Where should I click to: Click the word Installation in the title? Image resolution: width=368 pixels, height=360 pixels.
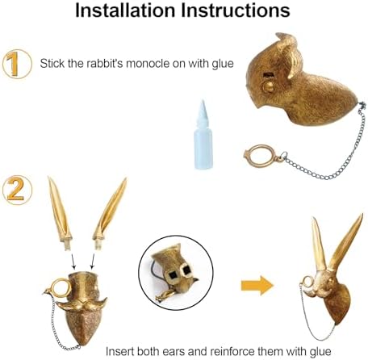[125, 10]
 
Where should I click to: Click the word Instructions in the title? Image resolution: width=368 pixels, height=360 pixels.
[236, 10]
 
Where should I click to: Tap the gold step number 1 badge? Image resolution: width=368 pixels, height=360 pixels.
[17, 64]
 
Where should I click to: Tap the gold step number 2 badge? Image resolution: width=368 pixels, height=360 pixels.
[17, 190]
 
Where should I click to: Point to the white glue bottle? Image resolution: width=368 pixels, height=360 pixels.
[203, 135]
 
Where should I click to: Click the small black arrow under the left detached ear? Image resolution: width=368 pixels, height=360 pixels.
[73, 262]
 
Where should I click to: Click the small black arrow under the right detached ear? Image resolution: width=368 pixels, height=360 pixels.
[93, 262]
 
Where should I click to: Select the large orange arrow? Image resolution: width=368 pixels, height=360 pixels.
[257, 286]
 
